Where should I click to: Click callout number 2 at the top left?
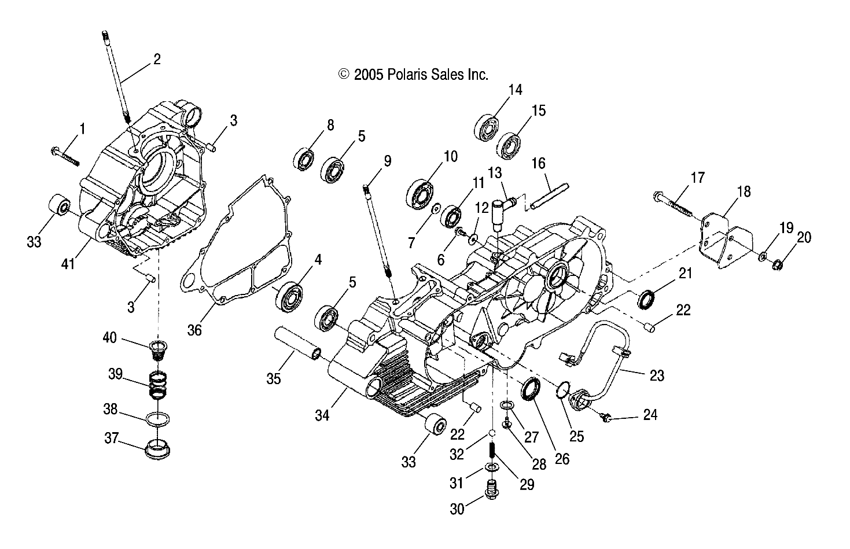156,58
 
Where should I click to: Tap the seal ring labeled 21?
647,300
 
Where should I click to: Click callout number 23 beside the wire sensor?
656,376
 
